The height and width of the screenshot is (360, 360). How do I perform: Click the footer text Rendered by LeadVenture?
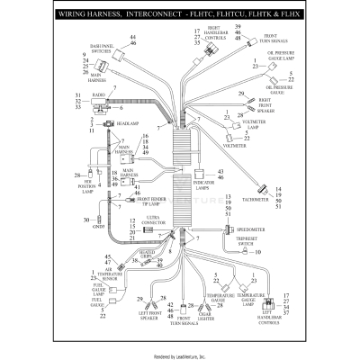click(x=180, y=353)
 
